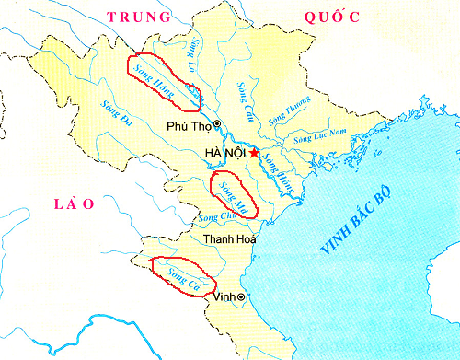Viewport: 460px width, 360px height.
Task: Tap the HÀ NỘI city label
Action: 224,153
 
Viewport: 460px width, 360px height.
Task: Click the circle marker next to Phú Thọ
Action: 216,123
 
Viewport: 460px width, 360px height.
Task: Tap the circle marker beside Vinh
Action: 241,297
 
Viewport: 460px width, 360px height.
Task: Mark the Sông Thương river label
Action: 290,114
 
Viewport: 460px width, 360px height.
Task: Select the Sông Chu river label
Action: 213,218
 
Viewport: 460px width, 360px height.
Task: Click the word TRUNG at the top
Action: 139,17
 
